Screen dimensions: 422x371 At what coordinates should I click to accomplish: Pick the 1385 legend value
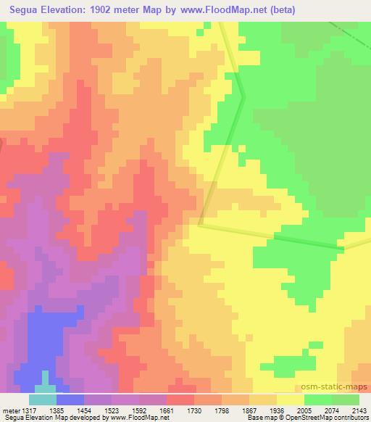click(x=70, y=410)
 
